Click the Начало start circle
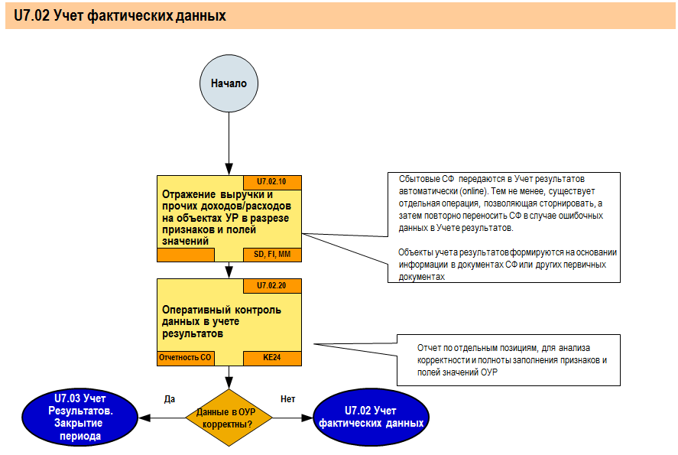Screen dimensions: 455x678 pyautogui.click(x=229, y=84)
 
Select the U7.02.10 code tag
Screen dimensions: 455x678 pyautogui.click(x=272, y=182)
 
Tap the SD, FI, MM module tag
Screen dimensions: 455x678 pyautogui.click(x=272, y=254)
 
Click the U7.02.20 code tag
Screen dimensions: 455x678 pyautogui.click(x=272, y=285)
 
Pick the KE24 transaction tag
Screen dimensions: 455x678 pyautogui.click(x=272, y=357)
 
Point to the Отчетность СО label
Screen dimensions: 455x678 pyautogui.click(x=184, y=357)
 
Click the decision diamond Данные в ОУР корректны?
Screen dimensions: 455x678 pyautogui.click(x=229, y=418)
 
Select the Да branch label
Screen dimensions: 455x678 pyautogui.click(x=170, y=398)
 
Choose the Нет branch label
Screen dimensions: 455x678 pyautogui.click(x=287, y=398)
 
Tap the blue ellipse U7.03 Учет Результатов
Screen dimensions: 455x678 pyautogui.click(x=79, y=417)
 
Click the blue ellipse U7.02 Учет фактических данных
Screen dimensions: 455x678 pyautogui.click(x=371, y=417)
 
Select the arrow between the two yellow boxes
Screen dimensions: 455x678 pyautogui.click(x=229, y=269)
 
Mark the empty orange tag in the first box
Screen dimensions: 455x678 pyautogui.click(x=184, y=254)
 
